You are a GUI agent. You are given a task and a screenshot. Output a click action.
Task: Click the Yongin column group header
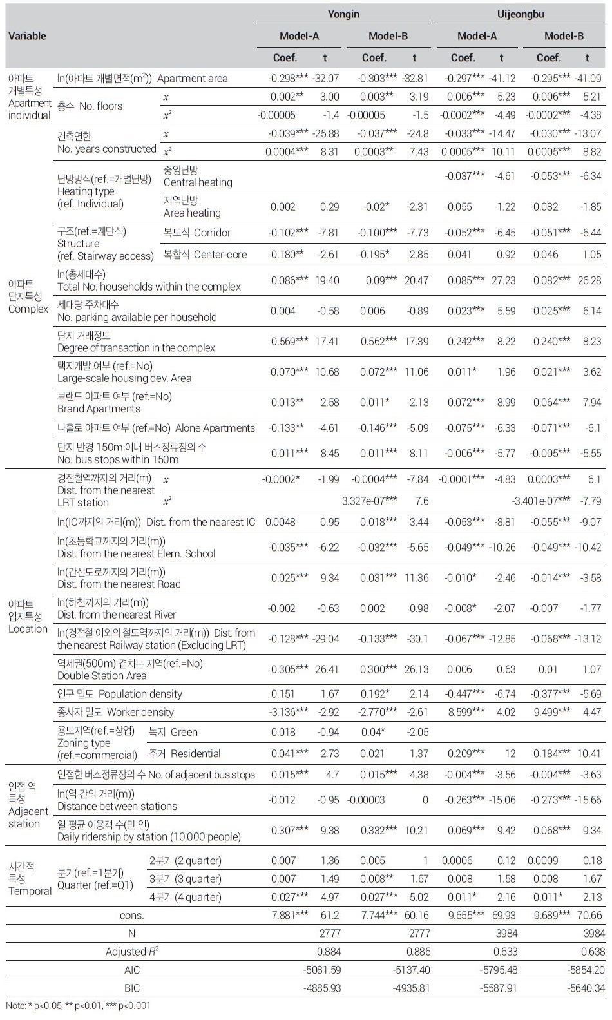tap(343, 14)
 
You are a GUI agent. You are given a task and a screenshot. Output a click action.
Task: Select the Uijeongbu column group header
tap(521, 14)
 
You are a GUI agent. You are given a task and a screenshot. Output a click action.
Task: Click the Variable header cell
tap(27, 36)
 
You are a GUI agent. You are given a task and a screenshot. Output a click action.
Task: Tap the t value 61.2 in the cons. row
tap(329, 915)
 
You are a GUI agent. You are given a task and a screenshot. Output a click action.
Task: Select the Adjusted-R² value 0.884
tap(329, 951)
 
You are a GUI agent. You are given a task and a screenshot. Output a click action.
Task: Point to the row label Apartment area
tap(192, 79)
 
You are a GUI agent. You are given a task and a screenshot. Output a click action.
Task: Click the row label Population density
tap(140, 694)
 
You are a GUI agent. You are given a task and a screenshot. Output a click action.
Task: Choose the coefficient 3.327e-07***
tap(369, 501)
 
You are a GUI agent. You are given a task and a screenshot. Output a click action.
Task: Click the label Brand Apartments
tap(99, 409)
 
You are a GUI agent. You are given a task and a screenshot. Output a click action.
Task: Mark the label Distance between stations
tap(117, 806)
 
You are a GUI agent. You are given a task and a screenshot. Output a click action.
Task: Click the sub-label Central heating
tap(198, 182)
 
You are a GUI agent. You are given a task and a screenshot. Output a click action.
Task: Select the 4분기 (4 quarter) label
tap(185, 897)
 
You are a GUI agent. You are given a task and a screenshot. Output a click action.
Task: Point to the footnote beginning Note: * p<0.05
tap(78, 1005)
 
